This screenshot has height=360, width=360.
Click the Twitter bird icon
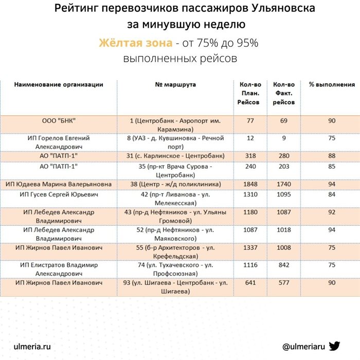coord(334,346)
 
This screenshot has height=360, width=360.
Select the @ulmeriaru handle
coord(304,346)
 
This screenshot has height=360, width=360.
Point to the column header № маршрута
coord(175,84)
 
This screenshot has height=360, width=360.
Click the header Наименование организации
coord(59,84)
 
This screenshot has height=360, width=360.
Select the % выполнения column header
coord(332,84)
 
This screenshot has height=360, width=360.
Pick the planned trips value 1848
coord(250,184)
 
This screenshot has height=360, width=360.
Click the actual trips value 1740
coord(283,184)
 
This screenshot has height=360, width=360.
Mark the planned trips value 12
coord(250,138)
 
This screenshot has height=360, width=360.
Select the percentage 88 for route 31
coord(332,156)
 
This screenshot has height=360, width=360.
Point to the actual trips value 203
coord(283,167)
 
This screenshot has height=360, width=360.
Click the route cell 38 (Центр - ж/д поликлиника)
coord(175,184)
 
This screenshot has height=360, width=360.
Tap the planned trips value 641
coord(250,282)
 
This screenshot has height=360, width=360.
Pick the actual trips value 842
coord(283,265)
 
